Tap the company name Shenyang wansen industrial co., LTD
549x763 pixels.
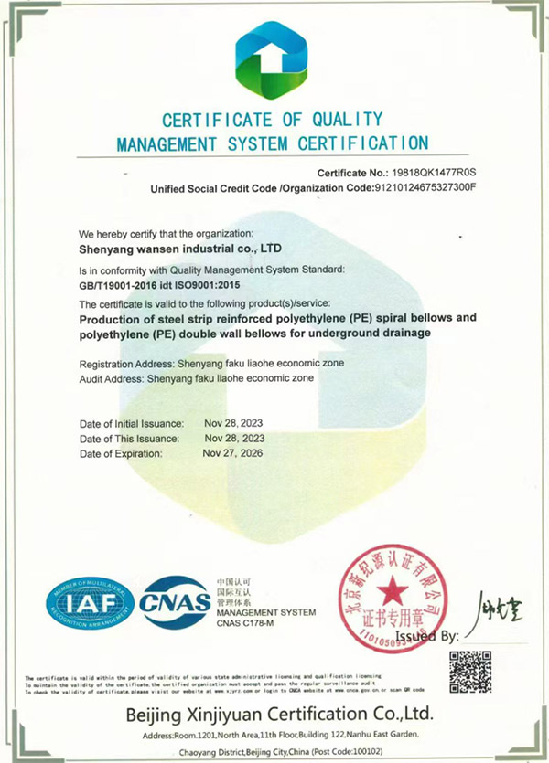(178, 248)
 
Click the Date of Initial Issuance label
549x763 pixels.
(132, 424)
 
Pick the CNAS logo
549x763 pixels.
(176, 601)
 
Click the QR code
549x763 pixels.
(470, 673)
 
